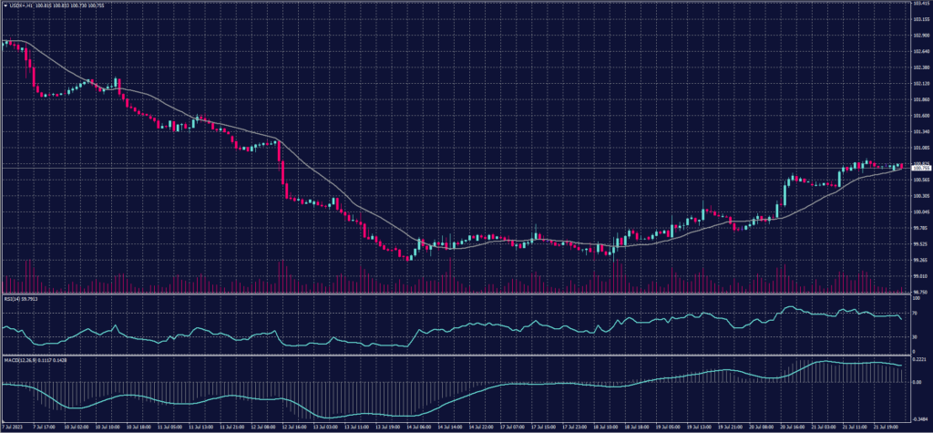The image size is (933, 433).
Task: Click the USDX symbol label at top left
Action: (18, 5)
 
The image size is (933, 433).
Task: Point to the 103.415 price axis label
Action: (920, 4)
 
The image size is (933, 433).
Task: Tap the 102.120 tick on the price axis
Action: (920, 83)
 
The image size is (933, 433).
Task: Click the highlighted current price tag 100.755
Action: (920, 168)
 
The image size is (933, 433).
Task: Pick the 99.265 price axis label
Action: (920, 260)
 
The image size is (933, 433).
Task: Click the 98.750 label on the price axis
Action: (920, 292)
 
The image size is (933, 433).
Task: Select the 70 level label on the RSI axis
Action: (914, 313)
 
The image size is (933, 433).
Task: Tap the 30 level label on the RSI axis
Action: (914, 337)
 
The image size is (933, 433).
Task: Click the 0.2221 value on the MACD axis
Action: (919, 361)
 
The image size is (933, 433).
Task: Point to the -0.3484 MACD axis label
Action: (919, 418)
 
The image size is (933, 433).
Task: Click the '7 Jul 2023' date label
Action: (14, 427)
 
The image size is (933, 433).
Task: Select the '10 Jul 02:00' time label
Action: (77, 427)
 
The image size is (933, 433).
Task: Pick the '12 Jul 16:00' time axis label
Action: (293, 427)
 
